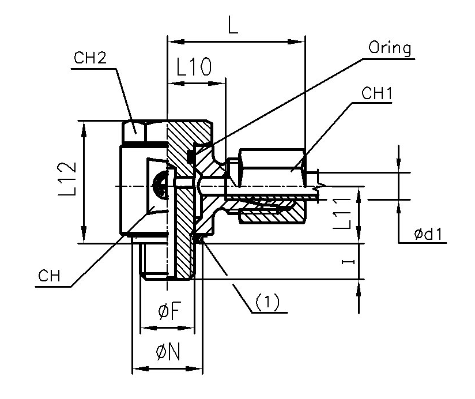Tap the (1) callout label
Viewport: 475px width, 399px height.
[x=267, y=300]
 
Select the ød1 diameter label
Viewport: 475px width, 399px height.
[x=431, y=235]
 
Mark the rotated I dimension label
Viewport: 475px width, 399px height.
[x=346, y=262]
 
